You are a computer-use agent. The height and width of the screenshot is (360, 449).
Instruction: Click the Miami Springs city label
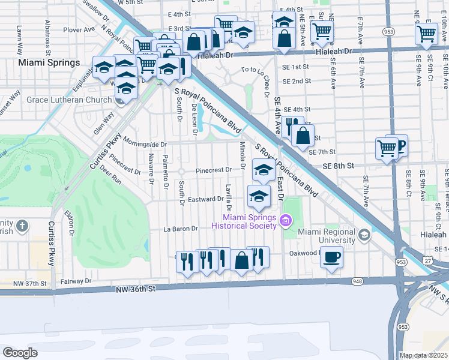point(49,62)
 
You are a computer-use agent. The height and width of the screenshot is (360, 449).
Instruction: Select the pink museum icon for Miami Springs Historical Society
point(286,221)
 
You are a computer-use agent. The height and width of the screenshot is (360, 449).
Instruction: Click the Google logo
point(20,352)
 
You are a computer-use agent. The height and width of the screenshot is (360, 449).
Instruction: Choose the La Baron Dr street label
point(181,229)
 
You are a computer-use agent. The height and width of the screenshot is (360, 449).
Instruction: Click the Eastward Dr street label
point(205,199)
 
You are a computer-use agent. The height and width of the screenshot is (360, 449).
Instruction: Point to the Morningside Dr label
point(145,145)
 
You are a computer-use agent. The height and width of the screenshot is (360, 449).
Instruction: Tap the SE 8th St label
point(339,165)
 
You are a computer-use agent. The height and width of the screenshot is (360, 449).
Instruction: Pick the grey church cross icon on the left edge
point(22,226)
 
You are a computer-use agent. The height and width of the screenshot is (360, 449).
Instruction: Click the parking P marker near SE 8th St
point(399,144)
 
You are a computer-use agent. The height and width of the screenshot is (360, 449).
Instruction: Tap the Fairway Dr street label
point(76,280)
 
